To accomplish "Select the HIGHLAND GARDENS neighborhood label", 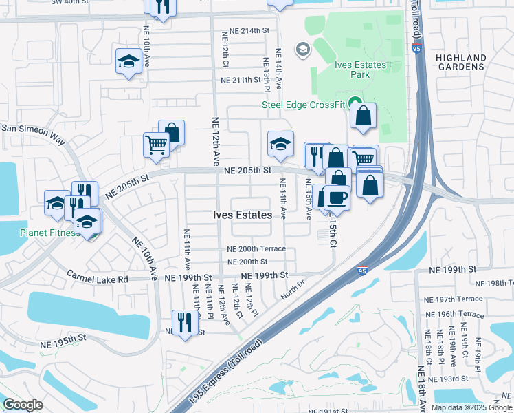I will [x=465, y=63].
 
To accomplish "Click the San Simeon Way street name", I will [x=32, y=134].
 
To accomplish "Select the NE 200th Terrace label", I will [x=256, y=249].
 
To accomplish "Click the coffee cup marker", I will [x=336, y=197].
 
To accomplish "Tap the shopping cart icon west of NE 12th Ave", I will [x=156, y=145].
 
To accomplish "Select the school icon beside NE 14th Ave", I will [x=280, y=143].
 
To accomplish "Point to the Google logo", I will [x=23, y=405].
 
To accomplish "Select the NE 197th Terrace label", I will [x=454, y=299].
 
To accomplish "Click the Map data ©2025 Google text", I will [x=471, y=407].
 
